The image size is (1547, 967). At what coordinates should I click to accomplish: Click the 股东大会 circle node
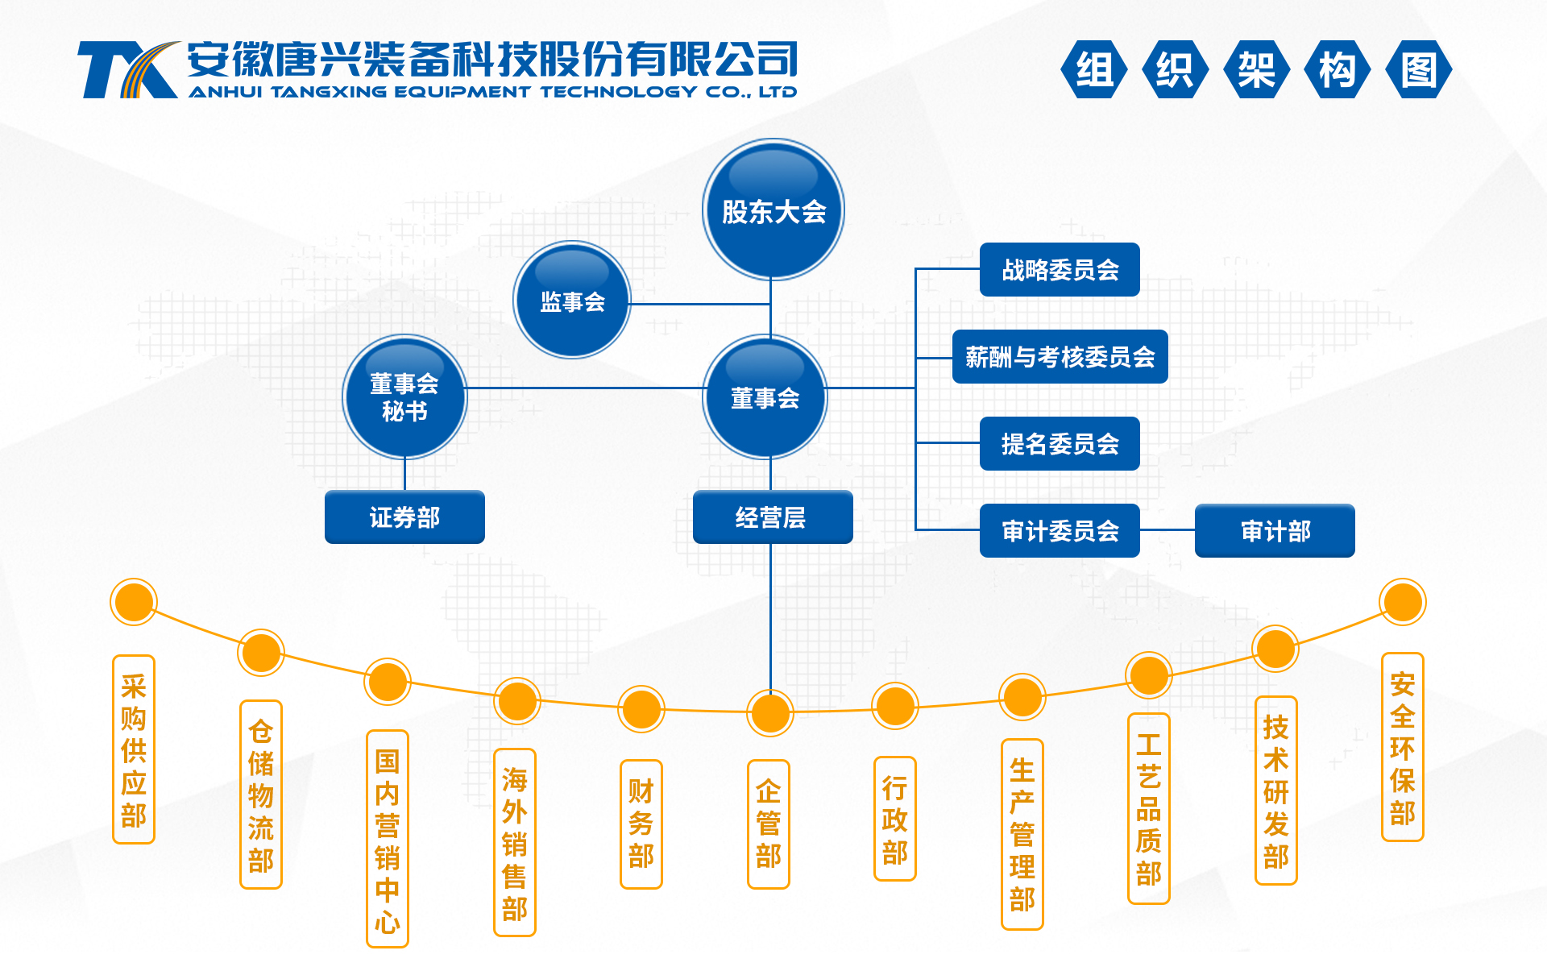coord(773,210)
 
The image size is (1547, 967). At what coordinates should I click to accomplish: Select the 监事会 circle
coord(572,300)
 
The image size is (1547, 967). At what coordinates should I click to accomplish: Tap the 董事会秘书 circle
coord(404,396)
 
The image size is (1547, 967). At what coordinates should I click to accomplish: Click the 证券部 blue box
coord(404,517)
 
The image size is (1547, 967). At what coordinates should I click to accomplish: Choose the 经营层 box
coord(773,517)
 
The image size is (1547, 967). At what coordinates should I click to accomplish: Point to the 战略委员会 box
coord(1060,269)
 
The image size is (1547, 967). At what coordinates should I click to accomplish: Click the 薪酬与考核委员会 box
coord(1060,356)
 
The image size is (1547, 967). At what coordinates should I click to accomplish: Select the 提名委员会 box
coord(1060,443)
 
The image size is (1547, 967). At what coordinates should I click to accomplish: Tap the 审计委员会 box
coord(1060,530)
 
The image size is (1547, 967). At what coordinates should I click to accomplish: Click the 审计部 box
coord(1275,530)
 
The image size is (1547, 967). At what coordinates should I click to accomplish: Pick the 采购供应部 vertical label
coord(134,749)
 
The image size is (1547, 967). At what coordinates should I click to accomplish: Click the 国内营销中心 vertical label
coord(388,839)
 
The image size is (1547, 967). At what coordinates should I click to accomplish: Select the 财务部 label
coord(641,824)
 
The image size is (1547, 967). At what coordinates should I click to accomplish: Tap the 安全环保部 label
coord(1403,747)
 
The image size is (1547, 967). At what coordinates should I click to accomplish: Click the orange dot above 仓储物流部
coord(261,653)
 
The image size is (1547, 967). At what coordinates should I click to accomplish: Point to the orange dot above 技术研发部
coord(1275,649)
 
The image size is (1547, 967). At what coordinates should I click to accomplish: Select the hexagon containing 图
coord(1419,69)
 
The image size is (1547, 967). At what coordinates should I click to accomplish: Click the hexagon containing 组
coord(1094,69)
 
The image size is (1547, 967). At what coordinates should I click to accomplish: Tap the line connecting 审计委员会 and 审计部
coord(1168,530)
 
